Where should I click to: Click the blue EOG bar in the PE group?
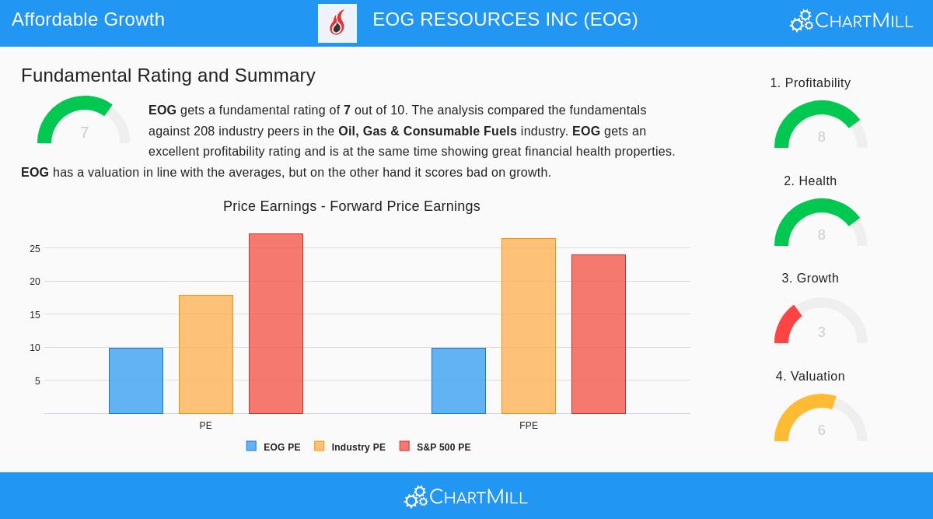(136, 380)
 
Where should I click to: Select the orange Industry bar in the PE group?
(206, 354)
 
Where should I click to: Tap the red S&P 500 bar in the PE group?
(276, 324)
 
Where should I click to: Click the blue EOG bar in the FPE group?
(459, 380)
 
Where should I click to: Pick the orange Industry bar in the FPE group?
(529, 326)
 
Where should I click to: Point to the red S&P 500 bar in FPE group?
(599, 334)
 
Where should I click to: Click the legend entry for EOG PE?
(274, 447)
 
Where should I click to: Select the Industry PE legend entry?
(350, 447)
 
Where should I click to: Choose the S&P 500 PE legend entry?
(435, 447)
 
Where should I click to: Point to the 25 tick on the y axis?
(35, 249)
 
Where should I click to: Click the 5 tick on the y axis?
(37, 381)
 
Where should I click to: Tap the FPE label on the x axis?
(529, 426)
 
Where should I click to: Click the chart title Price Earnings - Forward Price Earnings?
(351, 206)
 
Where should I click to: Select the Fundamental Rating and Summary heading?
(168, 75)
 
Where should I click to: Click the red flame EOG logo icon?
(337, 23)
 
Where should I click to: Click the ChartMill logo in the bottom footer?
(466, 496)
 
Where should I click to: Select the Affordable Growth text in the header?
(89, 19)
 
